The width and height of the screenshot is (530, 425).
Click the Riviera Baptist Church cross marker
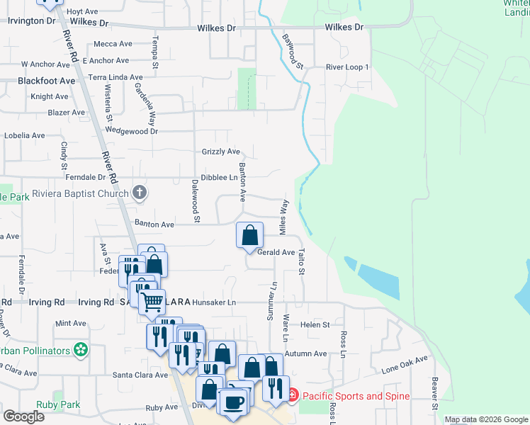140,193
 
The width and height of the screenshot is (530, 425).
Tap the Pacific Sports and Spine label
355,396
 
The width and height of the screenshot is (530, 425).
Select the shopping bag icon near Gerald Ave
250,235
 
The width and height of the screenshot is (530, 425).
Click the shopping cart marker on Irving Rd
152,302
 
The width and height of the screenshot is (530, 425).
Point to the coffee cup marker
233,402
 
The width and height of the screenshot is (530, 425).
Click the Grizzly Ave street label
221,152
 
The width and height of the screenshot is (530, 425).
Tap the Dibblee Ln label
218,178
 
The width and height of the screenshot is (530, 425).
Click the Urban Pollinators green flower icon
81,350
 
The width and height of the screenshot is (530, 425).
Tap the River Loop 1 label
347,67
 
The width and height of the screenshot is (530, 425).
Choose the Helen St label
315,324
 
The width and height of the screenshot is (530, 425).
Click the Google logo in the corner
24,416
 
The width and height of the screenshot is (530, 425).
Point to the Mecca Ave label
113,44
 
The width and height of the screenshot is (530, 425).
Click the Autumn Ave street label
305,353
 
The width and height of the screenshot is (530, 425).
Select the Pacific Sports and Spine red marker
292,395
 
